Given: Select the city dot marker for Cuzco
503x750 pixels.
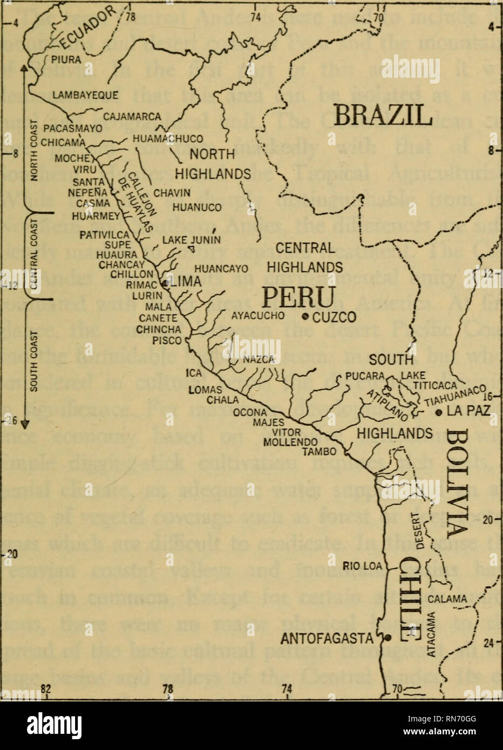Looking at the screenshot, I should (x=306, y=316).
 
